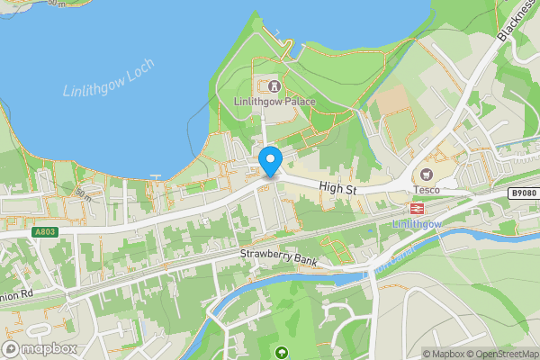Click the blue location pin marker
click(271, 160)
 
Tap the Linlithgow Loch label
click(109, 78)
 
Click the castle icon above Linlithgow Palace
click(273, 85)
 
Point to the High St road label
click(337, 187)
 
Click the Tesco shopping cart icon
click(427, 174)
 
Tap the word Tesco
click(426, 189)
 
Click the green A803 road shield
click(46, 231)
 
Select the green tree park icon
click(283, 352)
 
